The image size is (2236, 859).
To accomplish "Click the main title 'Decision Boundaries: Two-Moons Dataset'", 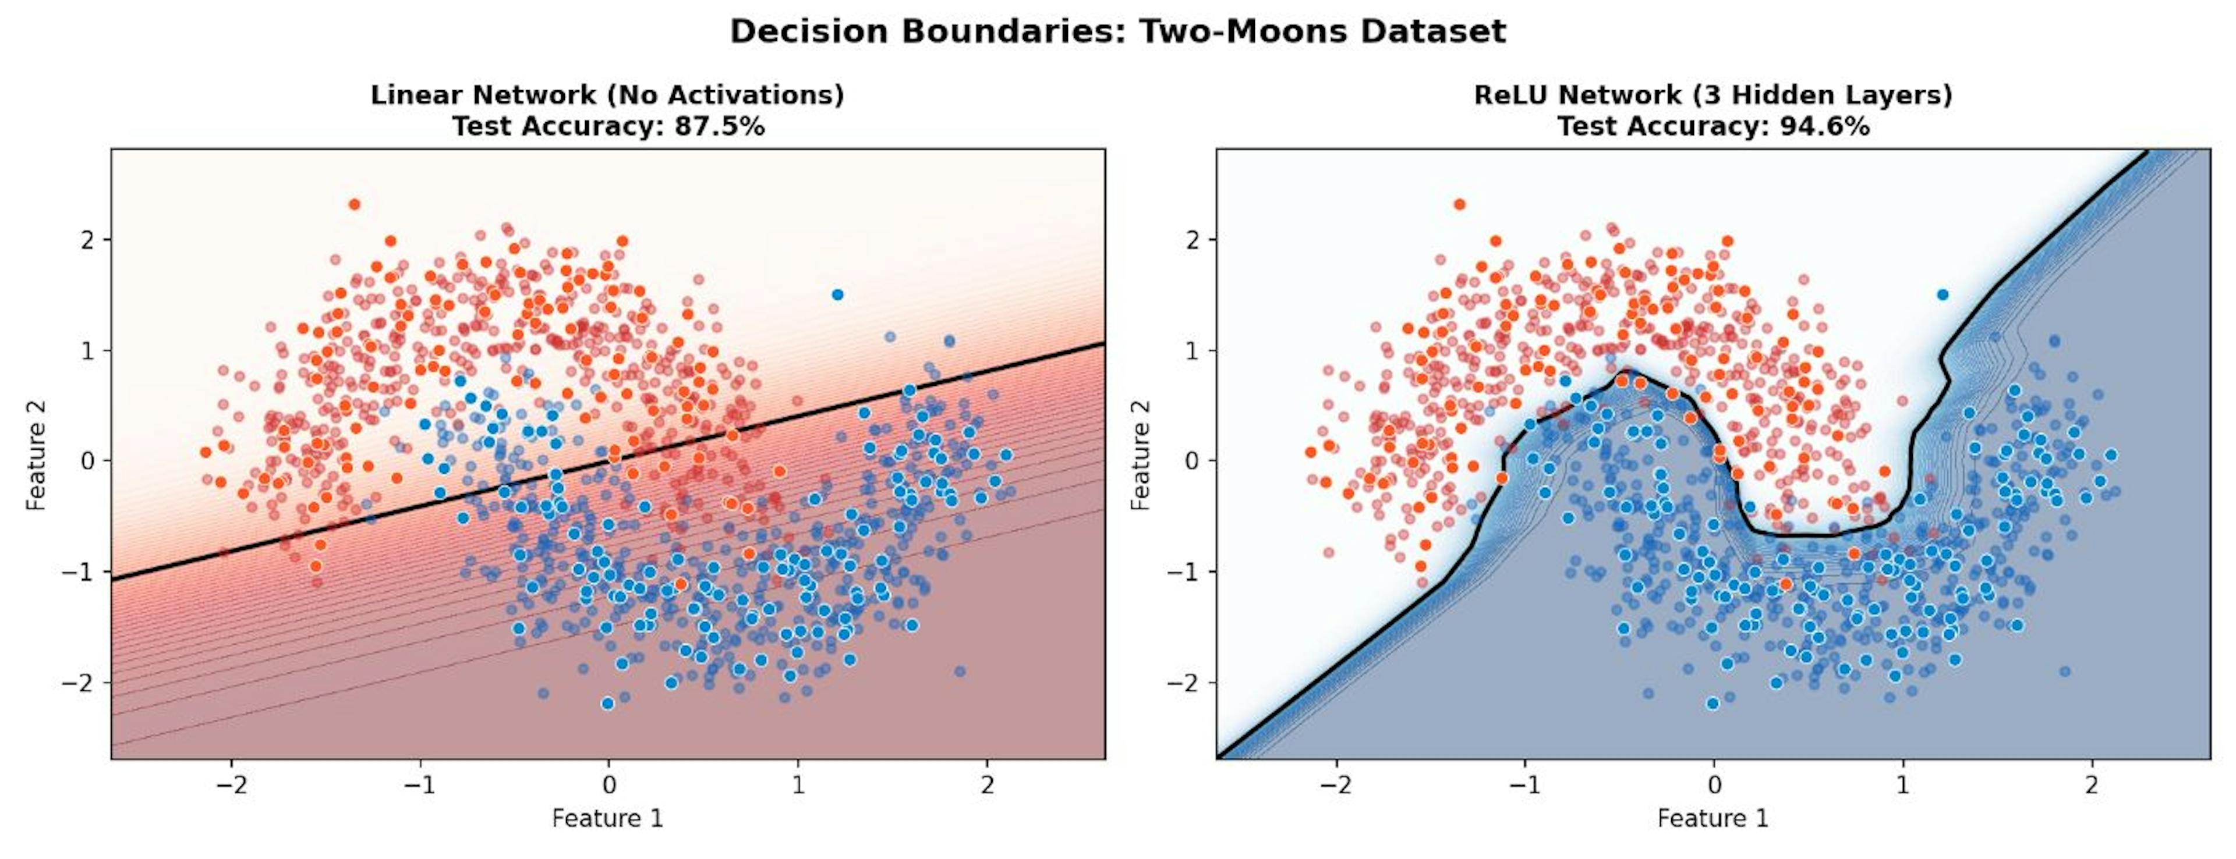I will click(1117, 32).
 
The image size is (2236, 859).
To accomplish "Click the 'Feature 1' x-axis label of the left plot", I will click(607, 818).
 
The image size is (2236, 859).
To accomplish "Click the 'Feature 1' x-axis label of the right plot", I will click(1712, 818).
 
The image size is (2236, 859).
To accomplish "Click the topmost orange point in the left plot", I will click(354, 205).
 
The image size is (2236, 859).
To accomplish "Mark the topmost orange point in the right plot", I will click(1459, 205).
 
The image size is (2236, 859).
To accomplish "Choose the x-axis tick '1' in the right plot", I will click(1903, 785).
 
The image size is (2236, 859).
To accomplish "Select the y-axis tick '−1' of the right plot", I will click(1186, 572).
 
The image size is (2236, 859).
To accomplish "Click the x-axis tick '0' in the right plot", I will click(1714, 785).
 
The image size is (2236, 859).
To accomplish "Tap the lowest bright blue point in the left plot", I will click(607, 703).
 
